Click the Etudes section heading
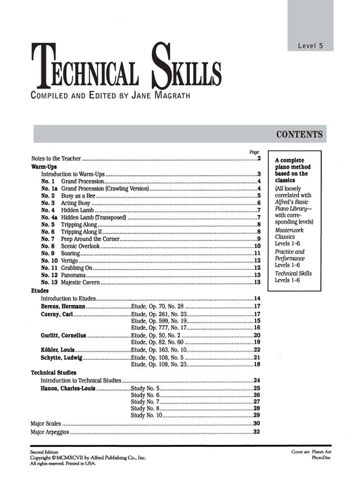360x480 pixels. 40,290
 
